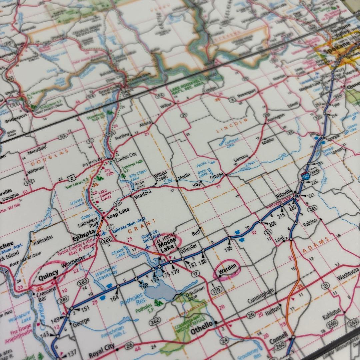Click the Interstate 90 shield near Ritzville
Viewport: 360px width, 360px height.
[x=305, y=176]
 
